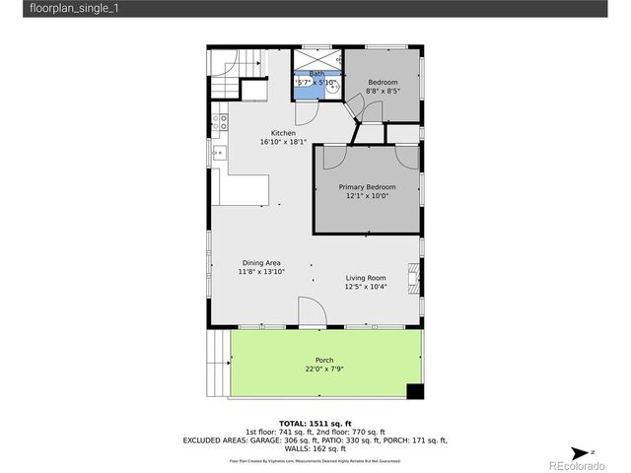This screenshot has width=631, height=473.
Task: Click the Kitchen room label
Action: point(284,133)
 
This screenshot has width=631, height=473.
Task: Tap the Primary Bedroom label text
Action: point(367,186)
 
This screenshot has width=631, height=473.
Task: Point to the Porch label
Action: point(324,360)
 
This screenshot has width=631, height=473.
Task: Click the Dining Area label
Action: point(262,262)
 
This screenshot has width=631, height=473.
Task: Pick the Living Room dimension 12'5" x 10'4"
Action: point(365,288)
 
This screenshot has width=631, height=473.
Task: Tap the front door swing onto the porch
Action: point(309,313)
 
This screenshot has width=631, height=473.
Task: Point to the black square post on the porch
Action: point(415,391)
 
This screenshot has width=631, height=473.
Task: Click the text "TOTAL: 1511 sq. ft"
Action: point(315,421)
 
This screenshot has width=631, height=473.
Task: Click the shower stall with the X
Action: point(315,57)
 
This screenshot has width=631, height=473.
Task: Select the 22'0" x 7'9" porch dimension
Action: point(324,370)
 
